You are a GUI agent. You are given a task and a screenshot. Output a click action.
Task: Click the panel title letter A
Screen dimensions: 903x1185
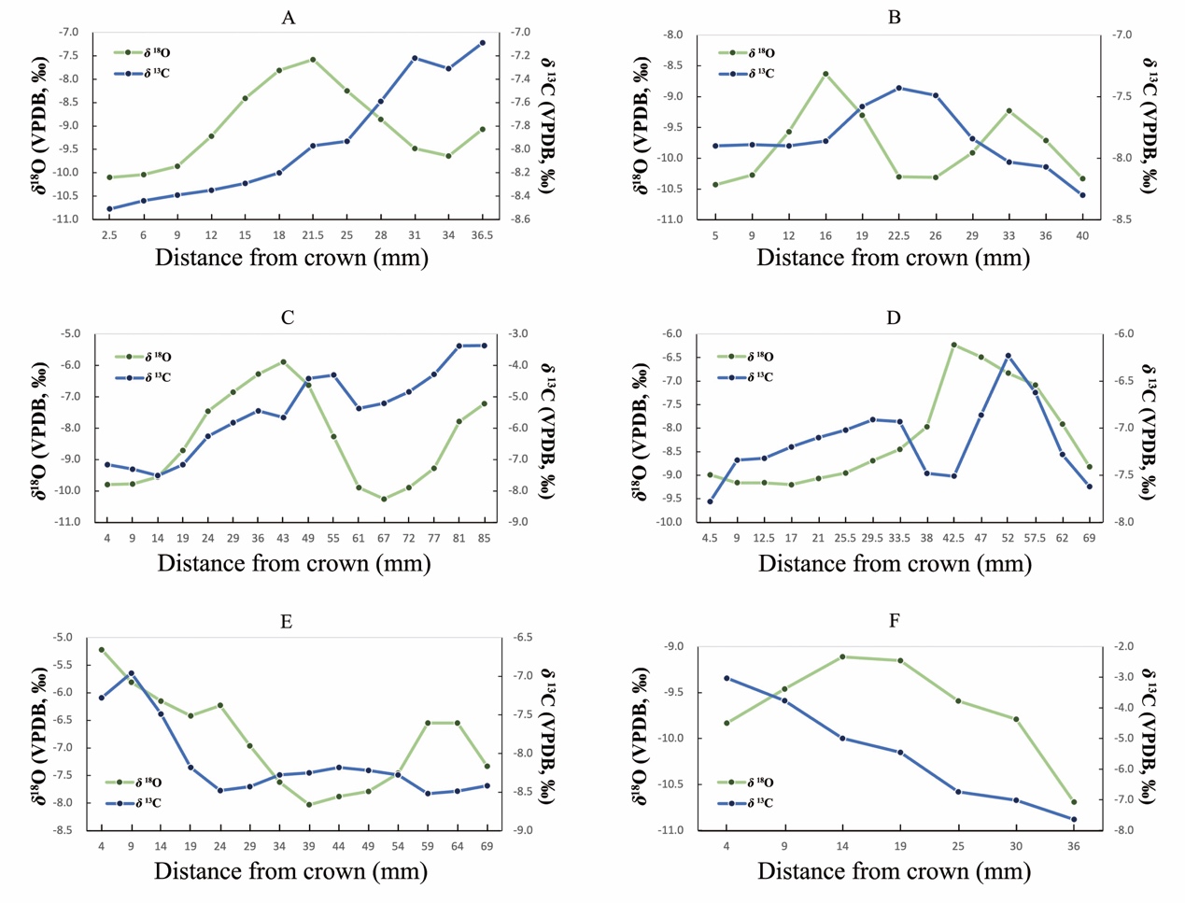point(288,18)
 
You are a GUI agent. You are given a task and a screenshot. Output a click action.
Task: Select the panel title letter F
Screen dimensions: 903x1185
point(894,621)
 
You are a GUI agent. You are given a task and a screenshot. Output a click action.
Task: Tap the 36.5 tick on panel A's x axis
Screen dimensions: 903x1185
point(482,235)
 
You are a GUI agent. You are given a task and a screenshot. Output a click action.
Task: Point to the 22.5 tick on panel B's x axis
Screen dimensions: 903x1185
point(898,236)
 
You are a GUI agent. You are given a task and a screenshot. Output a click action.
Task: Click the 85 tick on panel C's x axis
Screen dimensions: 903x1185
point(484,538)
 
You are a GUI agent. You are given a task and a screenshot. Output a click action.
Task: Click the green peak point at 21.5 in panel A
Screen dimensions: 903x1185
point(313,59)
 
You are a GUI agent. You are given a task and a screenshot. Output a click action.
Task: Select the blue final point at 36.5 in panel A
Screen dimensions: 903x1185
point(482,43)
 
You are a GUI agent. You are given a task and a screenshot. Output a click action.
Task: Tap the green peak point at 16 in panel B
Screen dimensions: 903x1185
point(825,74)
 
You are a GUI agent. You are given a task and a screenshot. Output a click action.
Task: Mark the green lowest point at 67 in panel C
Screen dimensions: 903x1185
point(383,499)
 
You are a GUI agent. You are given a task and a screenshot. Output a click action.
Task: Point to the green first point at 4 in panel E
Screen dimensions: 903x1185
point(101,650)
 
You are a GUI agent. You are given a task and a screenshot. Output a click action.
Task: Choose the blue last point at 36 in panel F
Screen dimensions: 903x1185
point(1074,819)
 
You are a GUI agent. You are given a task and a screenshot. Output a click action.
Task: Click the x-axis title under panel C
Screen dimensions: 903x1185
point(293,563)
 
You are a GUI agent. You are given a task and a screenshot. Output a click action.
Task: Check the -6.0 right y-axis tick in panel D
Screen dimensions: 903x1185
point(1123,334)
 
